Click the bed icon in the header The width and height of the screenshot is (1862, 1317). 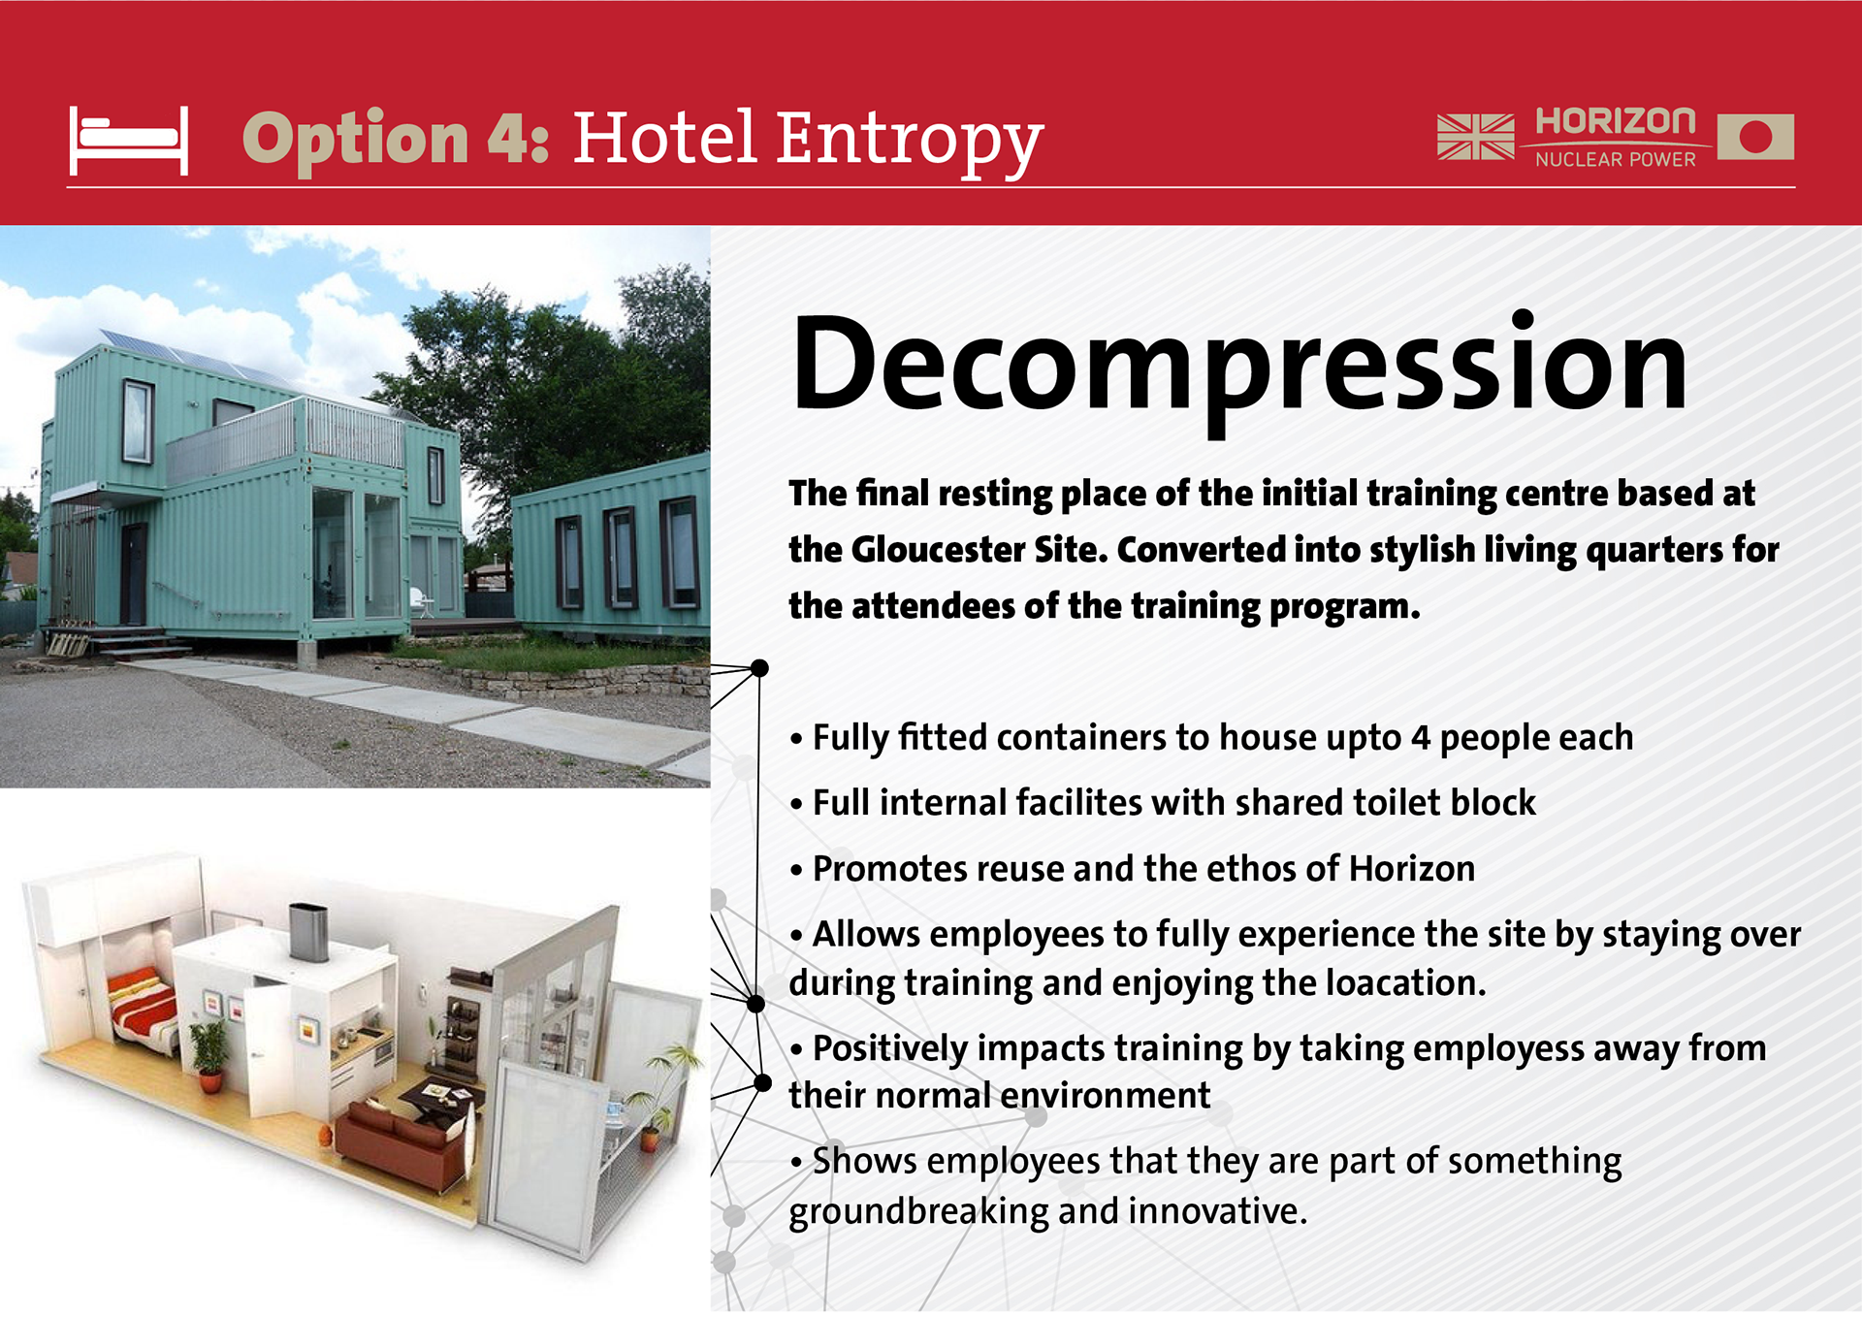pos(128,141)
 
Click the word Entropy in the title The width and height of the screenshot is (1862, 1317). pos(909,142)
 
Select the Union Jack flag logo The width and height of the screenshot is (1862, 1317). pos(1475,136)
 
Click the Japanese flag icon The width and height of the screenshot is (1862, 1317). pos(1755,136)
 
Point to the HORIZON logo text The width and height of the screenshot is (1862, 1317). pos(1616,121)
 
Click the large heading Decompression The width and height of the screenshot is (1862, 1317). pos(1239,368)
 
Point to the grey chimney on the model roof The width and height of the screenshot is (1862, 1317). pos(308,932)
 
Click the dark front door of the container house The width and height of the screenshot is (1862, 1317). pos(133,573)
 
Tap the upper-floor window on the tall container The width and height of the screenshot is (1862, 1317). pos(138,421)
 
